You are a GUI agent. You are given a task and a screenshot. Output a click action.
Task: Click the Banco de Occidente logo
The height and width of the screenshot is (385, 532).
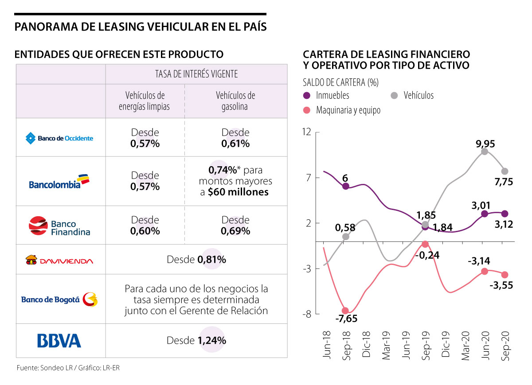coord(59,138)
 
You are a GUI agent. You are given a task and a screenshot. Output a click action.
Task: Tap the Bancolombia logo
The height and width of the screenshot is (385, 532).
coord(59,181)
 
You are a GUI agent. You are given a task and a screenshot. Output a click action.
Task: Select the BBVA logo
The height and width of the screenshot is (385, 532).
coord(59,341)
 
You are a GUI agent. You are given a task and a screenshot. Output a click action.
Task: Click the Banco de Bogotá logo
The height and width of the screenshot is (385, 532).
coord(59,299)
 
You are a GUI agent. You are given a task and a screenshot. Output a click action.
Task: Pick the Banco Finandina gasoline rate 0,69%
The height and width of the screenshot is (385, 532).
coord(235,231)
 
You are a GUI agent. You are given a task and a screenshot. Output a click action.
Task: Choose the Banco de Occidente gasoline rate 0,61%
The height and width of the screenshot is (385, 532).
coord(235,144)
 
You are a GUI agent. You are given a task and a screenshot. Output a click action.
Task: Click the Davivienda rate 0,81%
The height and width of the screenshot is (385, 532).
coord(211,260)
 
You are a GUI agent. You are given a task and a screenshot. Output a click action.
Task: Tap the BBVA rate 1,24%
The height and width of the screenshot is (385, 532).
coord(211,341)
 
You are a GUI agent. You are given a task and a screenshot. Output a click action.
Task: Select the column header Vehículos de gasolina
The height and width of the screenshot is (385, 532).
coord(235,101)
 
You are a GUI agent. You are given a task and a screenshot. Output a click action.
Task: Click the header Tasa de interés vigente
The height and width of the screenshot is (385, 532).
coord(196,74)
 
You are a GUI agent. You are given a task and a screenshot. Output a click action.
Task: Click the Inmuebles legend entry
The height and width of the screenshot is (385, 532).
coord(326,95)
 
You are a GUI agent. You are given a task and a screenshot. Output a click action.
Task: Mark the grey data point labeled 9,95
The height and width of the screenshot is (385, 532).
coord(485,152)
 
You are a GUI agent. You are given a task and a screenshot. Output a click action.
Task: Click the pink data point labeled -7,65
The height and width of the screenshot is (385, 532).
coord(345,311)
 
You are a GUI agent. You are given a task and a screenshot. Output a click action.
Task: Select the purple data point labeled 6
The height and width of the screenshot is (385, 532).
coord(345,186)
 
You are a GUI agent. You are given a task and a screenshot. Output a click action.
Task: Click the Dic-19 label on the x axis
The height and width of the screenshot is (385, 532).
coord(446,345)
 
